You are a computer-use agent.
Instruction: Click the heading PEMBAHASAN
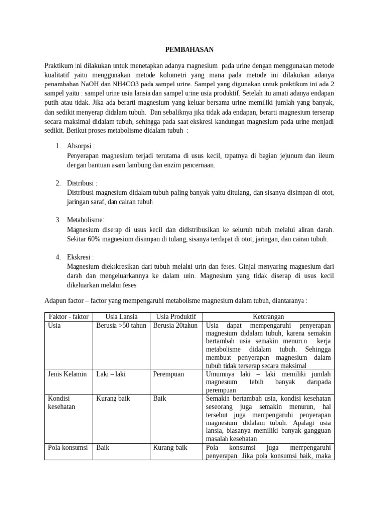(189, 49)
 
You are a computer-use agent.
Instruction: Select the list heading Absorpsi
(80, 146)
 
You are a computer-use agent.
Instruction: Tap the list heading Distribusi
(82, 183)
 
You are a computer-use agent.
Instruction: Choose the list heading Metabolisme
(85, 220)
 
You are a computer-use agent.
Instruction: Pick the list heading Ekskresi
(80, 257)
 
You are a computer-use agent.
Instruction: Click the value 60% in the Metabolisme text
(96, 239)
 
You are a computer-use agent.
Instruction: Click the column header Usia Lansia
(122, 317)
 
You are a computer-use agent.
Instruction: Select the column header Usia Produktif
(176, 317)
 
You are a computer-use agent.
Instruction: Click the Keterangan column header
(268, 317)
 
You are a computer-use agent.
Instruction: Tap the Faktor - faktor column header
(69, 317)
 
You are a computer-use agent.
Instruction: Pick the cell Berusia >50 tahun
(122, 326)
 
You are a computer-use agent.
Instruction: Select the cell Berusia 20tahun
(176, 326)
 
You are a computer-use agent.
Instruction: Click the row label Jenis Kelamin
(67, 374)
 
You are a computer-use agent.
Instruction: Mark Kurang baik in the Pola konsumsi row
(170, 448)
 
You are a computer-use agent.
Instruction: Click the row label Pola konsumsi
(68, 448)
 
